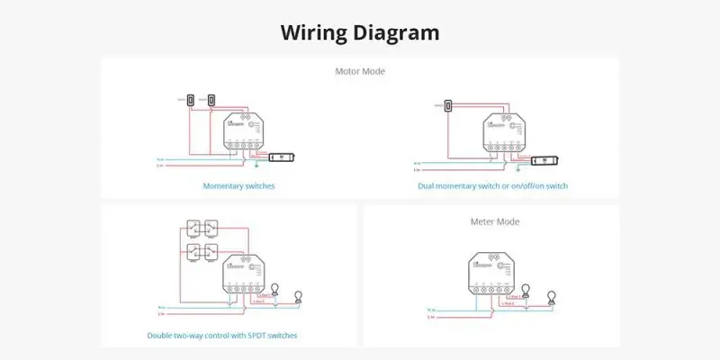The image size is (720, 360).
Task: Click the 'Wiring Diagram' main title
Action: [x=360, y=33]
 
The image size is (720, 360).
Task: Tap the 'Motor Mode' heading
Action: [x=360, y=71]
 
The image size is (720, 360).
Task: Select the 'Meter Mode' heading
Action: [x=494, y=220]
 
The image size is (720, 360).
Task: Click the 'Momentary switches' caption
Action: [x=238, y=186]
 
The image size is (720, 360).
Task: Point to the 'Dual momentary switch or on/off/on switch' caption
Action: [x=492, y=186]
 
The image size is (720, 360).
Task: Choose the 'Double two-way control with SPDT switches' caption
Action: [x=221, y=336]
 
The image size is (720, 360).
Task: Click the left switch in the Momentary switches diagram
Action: [x=193, y=99]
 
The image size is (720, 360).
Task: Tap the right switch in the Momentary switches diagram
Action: [x=211, y=99]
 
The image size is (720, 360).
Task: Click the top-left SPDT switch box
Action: [x=193, y=227]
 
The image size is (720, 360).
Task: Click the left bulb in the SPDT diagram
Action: [x=277, y=289]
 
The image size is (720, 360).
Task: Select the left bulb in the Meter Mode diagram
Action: [x=526, y=290]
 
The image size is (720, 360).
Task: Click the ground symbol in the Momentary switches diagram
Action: [x=256, y=164]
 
